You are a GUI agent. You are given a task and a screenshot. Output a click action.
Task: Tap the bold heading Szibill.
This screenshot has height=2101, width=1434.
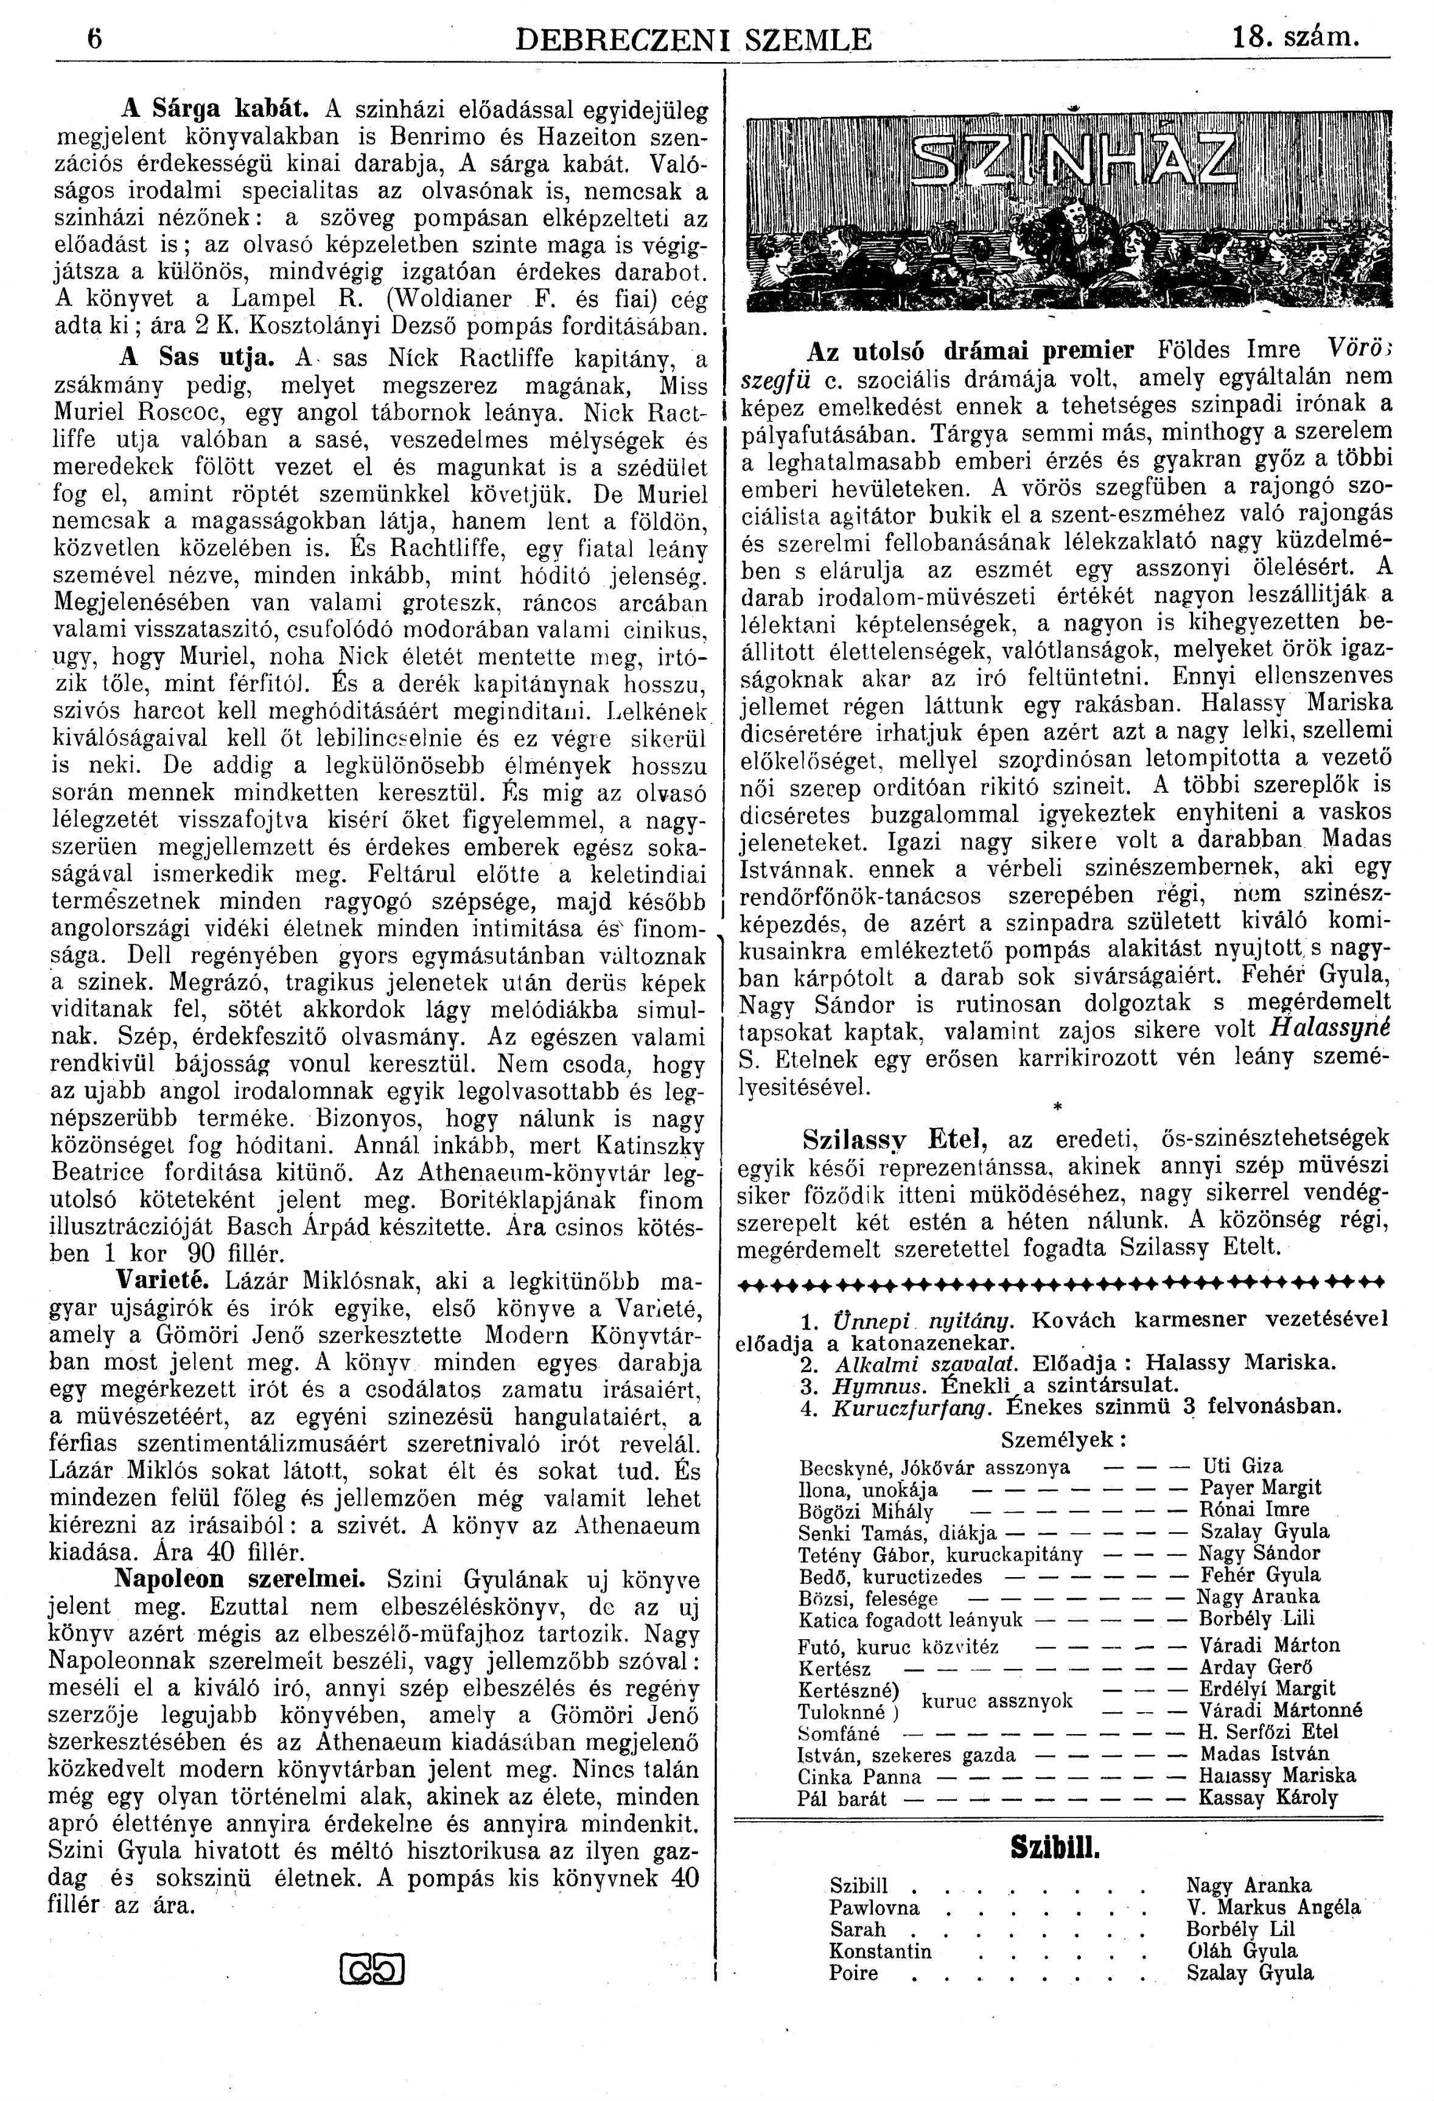(x=1054, y=1846)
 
